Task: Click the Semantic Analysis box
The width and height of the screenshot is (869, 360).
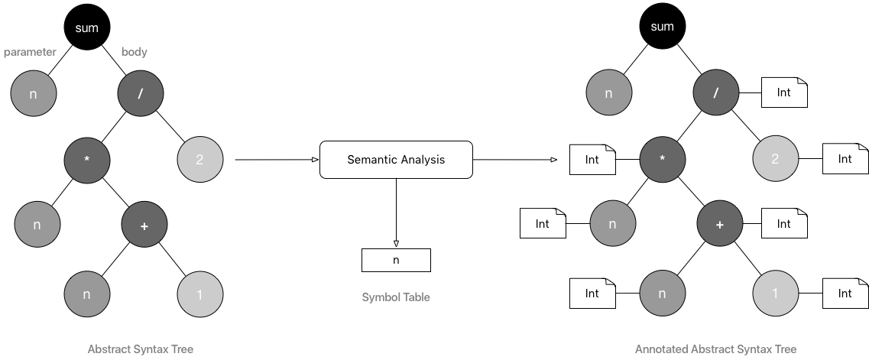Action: pyautogui.click(x=396, y=160)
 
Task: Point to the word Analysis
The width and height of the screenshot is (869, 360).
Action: pyautogui.click(x=423, y=160)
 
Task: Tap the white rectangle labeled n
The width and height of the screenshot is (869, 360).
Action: pyautogui.click(x=396, y=260)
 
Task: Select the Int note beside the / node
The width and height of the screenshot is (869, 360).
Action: pyautogui.click(x=784, y=93)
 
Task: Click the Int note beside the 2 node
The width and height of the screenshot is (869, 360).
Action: pyautogui.click(x=845, y=159)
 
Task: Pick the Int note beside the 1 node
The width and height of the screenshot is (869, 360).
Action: pyautogui.click(x=845, y=294)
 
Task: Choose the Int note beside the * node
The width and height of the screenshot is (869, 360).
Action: pyautogui.click(x=592, y=160)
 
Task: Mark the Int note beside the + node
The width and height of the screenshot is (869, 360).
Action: pyautogui.click(x=784, y=224)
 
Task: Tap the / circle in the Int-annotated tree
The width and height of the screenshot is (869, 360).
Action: pyautogui.click(x=716, y=93)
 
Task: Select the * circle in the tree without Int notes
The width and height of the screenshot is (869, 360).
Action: pyautogui.click(x=87, y=160)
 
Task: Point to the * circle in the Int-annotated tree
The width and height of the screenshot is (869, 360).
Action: pyautogui.click(x=663, y=160)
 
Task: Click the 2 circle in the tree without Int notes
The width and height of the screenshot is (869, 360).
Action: pyautogui.click(x=200, y=160)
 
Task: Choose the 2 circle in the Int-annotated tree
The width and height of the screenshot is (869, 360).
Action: pyautogui.click(x=776, y=159)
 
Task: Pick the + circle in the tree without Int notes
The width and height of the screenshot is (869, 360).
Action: pyautogui.click(x=144, y=225)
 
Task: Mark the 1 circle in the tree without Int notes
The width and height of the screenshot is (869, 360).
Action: pyautogui.click(x=200, y=294)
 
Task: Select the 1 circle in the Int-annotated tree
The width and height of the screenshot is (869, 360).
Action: pyautogui.click(x=776, y=294)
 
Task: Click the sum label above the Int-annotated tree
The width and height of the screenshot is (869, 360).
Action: pyautogui.click(x=662, y=27)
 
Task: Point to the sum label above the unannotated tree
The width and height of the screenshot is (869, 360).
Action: pyautogui.click(x=86, y=28)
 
